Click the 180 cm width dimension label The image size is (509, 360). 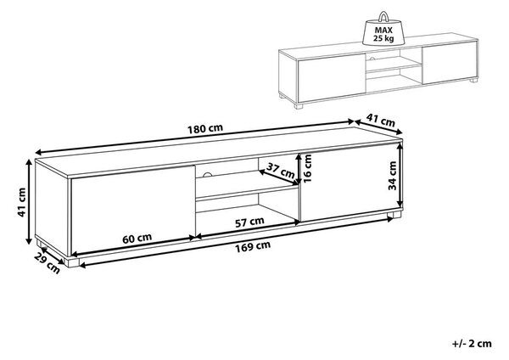click(x=205, y=129)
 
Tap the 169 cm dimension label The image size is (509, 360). click(x=253, y=246)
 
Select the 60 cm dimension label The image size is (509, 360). click(x=137, y=239)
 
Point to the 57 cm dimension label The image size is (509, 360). click(x=249, y=222)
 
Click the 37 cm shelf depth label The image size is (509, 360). click(x=281, y=170)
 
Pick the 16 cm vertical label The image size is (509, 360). click(x=307, y=168)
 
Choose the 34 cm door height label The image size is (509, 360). click(x=393, y=176)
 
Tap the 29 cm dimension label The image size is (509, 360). click(x=48, y=263)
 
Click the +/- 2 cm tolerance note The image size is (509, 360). click(x=472, y=343)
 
